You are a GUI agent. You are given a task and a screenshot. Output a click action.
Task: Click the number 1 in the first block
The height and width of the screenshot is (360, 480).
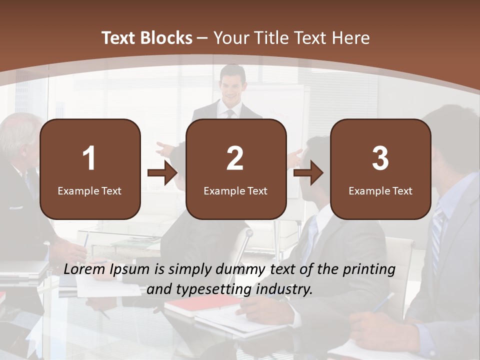coord(89,158)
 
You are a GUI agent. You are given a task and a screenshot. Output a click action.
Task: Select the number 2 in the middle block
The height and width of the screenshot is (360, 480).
coord(235,158)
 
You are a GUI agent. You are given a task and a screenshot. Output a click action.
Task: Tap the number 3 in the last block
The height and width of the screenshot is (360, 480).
coord(380,158)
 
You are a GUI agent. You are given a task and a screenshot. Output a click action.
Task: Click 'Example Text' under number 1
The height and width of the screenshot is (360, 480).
coord(89,190)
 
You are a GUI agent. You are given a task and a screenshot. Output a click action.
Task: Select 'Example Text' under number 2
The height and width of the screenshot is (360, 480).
coord(235,190)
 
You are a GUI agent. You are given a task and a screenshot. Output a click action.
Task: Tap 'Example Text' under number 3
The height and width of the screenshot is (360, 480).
coord(380,190)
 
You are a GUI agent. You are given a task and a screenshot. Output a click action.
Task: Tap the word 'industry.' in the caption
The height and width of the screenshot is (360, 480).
coord(287,289)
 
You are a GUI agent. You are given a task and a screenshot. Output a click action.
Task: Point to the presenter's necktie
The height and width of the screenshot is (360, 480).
coord(230,113)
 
